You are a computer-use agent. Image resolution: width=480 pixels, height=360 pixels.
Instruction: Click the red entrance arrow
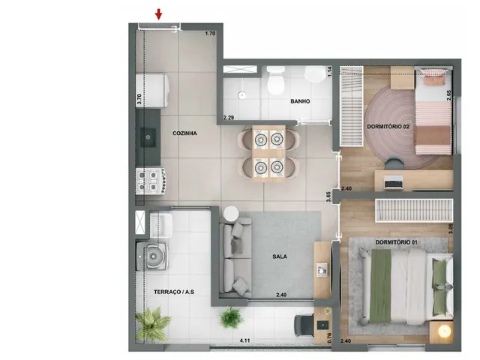(x=158, y=14)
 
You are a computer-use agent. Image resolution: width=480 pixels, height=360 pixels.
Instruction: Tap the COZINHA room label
(x=184, y=133)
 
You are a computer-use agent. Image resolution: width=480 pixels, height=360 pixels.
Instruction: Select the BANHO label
(x=300, y=101)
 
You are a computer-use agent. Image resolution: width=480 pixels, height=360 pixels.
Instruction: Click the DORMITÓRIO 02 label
(x=388, y=127)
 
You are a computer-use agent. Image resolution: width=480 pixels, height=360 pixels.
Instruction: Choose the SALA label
(x=280, y=256)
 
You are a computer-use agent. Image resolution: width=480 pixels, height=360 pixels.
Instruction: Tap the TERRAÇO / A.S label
(x=174, y=292)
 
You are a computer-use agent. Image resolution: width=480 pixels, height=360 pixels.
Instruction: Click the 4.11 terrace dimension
(x=245, y=340)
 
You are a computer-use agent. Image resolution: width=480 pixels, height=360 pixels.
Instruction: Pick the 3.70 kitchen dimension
(x=139, y=100)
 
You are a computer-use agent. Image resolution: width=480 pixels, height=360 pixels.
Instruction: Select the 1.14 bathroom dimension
(x=330, y=71)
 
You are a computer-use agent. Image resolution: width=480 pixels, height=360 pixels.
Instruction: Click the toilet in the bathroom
(x=275, y=81)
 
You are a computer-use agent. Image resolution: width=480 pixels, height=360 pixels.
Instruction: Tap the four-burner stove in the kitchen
(x=151, y=181)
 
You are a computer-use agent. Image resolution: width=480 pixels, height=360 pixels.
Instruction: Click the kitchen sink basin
(x=148, y=137)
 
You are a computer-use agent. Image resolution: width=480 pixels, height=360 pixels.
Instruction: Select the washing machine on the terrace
(x=151, y=256)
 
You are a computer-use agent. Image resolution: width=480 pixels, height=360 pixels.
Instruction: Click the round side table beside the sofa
(x=231, y=213)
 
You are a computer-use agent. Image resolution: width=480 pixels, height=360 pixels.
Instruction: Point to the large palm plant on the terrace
(x=152, y=324)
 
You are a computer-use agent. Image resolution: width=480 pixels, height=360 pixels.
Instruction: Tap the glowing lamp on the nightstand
(x=444, y=331)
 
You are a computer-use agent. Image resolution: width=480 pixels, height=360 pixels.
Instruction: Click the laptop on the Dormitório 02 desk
(x=393, y=182)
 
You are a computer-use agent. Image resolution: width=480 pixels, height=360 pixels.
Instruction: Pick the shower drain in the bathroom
(x=242, y=95)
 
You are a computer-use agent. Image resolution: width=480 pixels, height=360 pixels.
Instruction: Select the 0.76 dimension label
(x=329, y=337)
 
